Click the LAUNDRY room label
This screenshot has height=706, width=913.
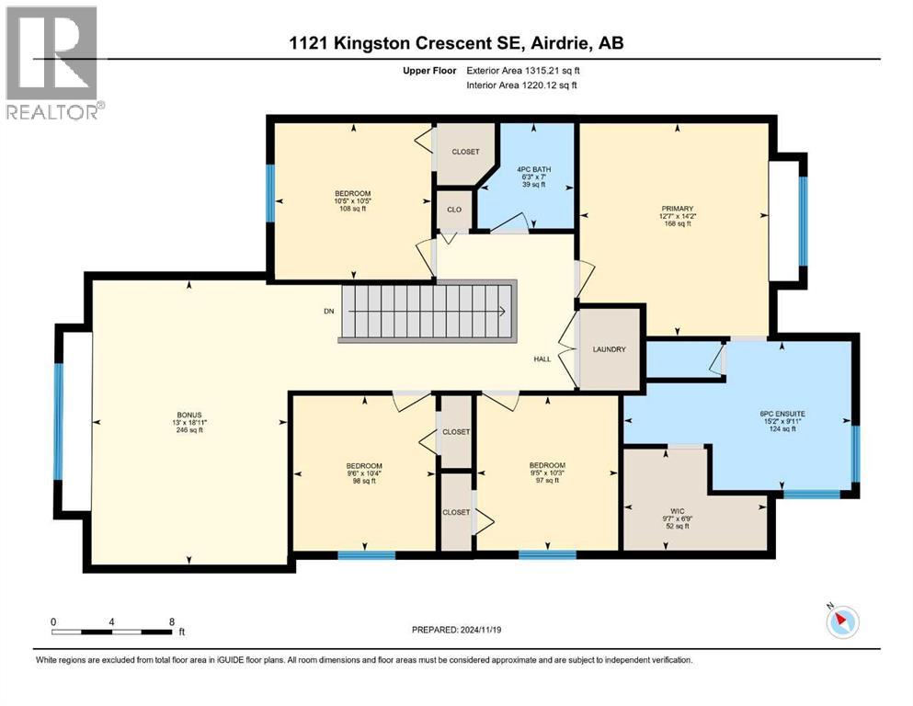[x=610, y=349]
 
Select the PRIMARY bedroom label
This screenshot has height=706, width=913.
[x=677, y=209]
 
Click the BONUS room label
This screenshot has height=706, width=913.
[x=189, y=415]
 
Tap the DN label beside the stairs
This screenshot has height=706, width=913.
[x=328, y=312]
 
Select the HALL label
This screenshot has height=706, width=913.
[x=542, y=359]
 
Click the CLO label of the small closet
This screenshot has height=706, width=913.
[x=453, y=210]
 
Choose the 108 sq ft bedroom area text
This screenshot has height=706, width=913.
[x=352, y=209]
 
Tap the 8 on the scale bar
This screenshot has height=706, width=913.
[x=171, y=621]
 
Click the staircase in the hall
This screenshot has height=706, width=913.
[x=428, y=313]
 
